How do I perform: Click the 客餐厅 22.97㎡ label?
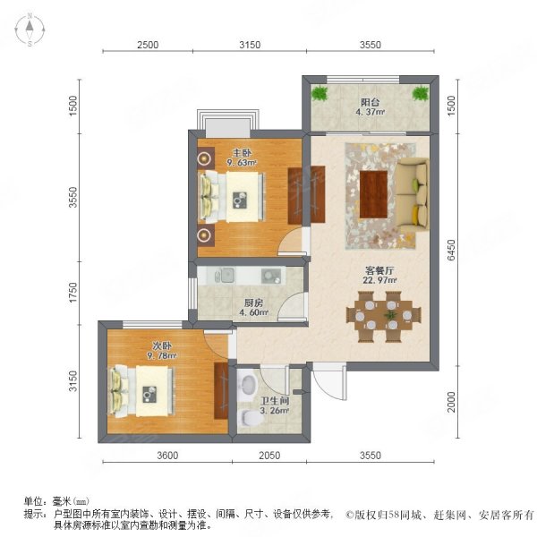[370, 274]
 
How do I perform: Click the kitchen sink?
[226, 274]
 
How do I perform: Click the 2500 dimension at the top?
[148, 45]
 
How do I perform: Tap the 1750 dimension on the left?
[75, 292]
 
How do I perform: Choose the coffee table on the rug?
[372, 194]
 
